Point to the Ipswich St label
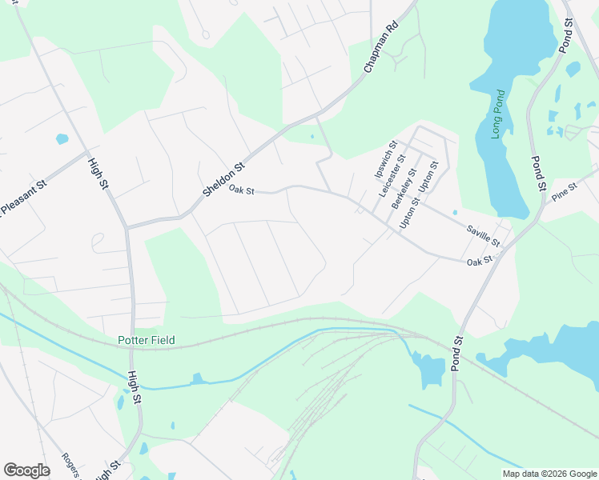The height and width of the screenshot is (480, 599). pyautogui.click(x=386, y=160)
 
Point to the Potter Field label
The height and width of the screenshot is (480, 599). pyautogui.click(x=140, y=340)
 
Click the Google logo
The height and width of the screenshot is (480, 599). pyautogui.click(x=26, y=470)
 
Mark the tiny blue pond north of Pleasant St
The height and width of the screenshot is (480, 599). pyautogui.click(x=62, y=139)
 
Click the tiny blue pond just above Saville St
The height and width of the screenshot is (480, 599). pyautogui.click(x=455, y=213)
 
